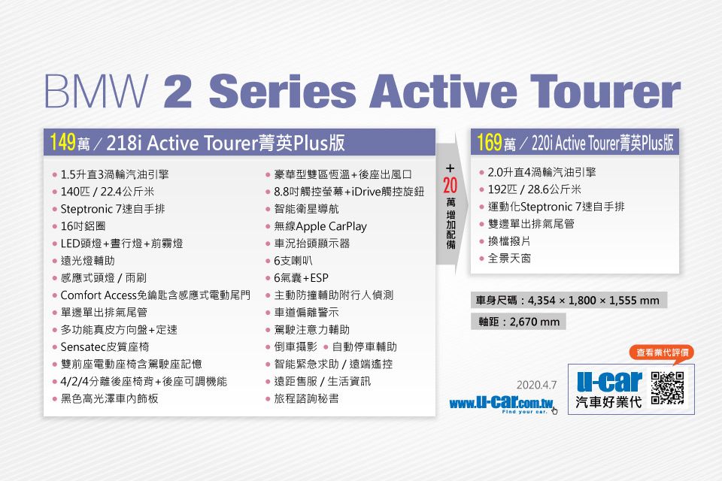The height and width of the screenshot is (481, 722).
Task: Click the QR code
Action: point(667,388)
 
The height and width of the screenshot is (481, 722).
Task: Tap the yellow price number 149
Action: point(62,142)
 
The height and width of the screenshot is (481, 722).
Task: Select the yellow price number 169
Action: point(490,142)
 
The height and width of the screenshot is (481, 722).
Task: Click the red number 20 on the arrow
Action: point(450,185)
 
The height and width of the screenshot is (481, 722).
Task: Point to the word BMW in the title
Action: point(96,91)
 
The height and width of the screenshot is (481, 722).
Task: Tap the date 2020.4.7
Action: point(536,385)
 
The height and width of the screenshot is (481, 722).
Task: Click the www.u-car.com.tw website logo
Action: point(502,404)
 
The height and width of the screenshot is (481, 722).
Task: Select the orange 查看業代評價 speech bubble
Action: point(662,353)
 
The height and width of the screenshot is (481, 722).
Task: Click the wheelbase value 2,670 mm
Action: point(535,322)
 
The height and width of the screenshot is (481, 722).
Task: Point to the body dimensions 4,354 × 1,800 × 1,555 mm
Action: point(593,301)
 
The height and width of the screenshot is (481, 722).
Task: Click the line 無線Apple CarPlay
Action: point(320,226)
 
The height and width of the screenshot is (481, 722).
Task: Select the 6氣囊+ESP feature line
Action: point(301,278)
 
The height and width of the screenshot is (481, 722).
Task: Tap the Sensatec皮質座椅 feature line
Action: point(105,347)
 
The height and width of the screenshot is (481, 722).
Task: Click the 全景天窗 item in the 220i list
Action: point(509,259)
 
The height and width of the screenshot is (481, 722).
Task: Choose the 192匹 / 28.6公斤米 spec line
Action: point(535,189)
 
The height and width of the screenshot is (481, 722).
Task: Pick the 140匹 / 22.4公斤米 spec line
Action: point(108,192)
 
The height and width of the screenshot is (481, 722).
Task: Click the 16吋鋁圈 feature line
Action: point(83,226)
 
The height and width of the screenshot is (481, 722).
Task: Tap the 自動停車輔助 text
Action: point(364,347)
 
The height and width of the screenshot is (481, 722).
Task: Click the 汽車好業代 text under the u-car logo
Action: point(608,402)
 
